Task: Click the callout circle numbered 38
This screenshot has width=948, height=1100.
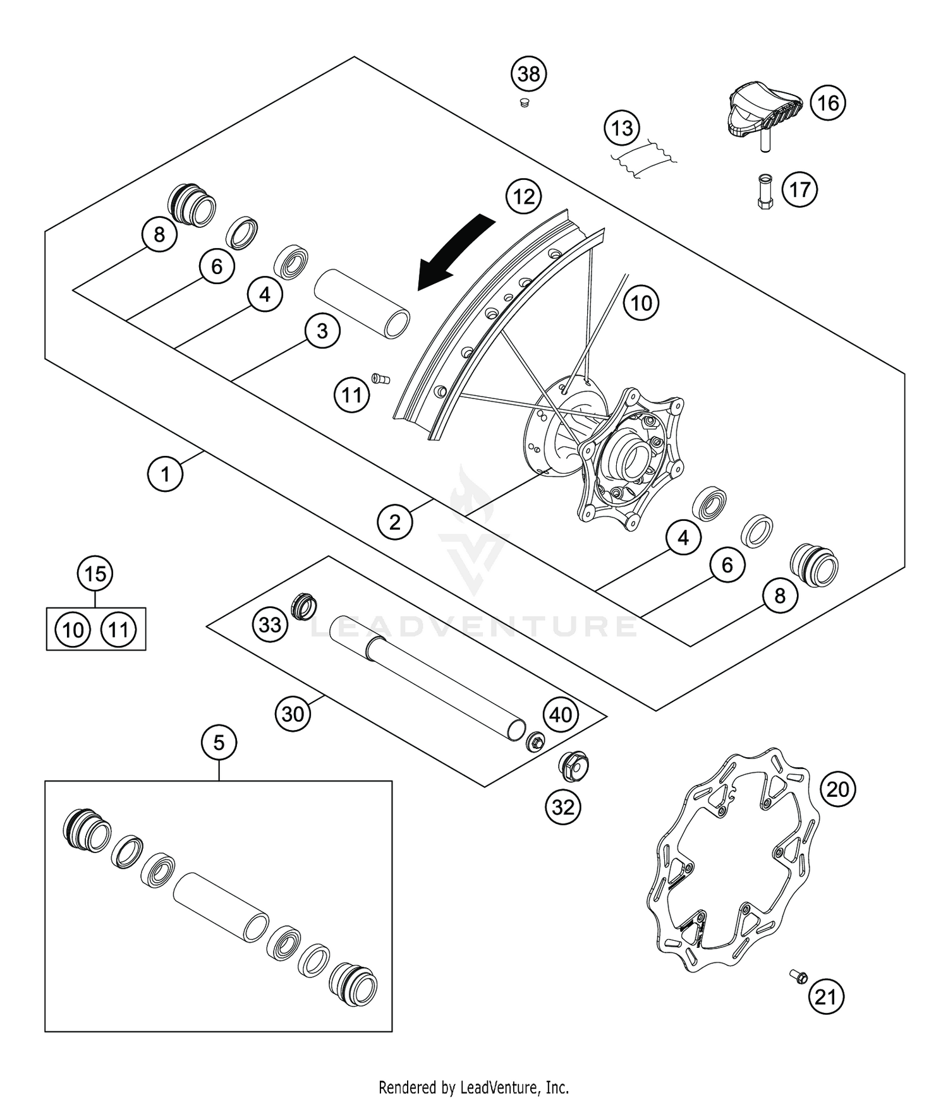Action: pos(529,75)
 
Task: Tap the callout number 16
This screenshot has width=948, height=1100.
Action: pos(828,102)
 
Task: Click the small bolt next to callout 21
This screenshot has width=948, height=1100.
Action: pos(798,977)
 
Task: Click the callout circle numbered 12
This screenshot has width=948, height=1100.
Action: pos(524,197)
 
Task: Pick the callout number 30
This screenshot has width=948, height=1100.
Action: pos(293,714)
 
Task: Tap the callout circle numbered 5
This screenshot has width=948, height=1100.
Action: pos(219,743)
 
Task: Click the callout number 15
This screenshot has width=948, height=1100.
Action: pos(95,574)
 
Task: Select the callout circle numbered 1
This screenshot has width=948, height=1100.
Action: pos(166,473)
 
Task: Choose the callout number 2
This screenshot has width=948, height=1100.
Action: pos(395,522)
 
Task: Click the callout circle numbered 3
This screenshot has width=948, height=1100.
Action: pos(322,331)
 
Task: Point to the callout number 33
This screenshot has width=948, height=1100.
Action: pos(270,625)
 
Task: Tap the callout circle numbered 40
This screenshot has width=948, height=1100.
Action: pos(561,715)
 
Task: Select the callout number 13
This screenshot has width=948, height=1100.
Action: pos(622,128)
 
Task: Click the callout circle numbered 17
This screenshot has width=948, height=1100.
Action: pos(799,189)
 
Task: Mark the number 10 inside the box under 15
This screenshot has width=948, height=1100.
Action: pos(73,630)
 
